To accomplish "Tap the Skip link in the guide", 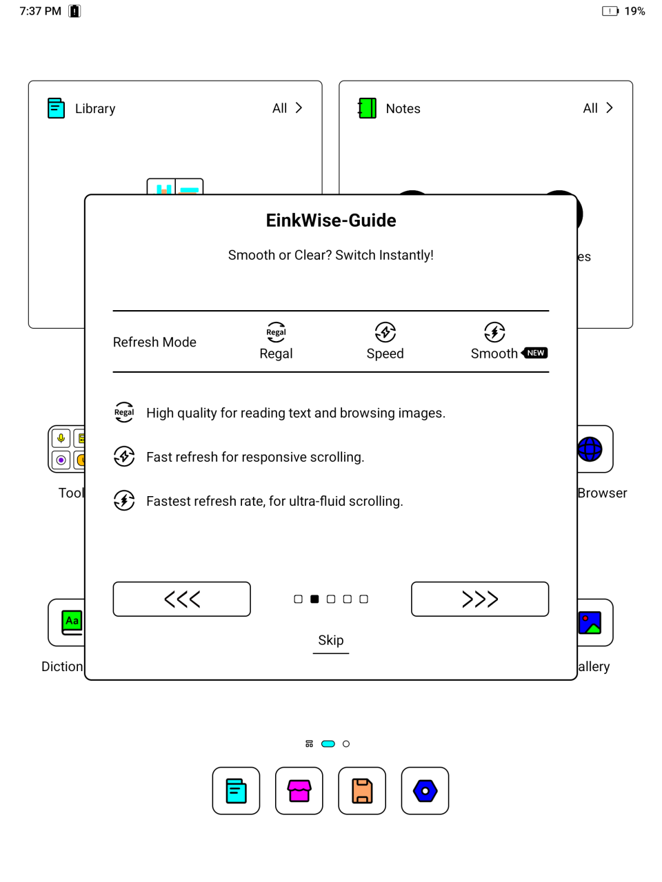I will tap(331, 641).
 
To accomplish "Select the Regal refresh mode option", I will tap(276, 342).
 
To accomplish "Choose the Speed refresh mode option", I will tap(385, 342).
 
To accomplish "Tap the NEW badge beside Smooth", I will tap(535, 353).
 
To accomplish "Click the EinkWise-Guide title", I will tap(331, 220).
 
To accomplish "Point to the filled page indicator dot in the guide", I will tap(314, 599).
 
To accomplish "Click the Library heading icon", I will tap(56, 108).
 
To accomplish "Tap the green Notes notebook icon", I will tap(367, 108).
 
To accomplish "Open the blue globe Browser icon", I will tap(590, 449).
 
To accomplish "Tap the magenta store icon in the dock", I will tap(299, 791).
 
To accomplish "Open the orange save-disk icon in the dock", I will tap(362, 791).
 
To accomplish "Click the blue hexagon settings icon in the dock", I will tap(425, 791).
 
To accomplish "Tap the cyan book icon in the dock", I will tap(236, 791).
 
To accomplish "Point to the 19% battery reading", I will tap(634, 11).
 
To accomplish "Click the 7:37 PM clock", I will tap(40, 11).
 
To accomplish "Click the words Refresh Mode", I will tap(154, 342).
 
